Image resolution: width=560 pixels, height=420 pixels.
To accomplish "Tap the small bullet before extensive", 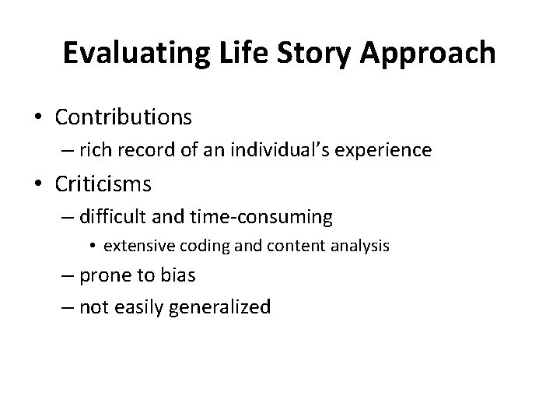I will coord(93,247).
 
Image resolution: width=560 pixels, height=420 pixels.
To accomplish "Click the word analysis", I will coord(362,247).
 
